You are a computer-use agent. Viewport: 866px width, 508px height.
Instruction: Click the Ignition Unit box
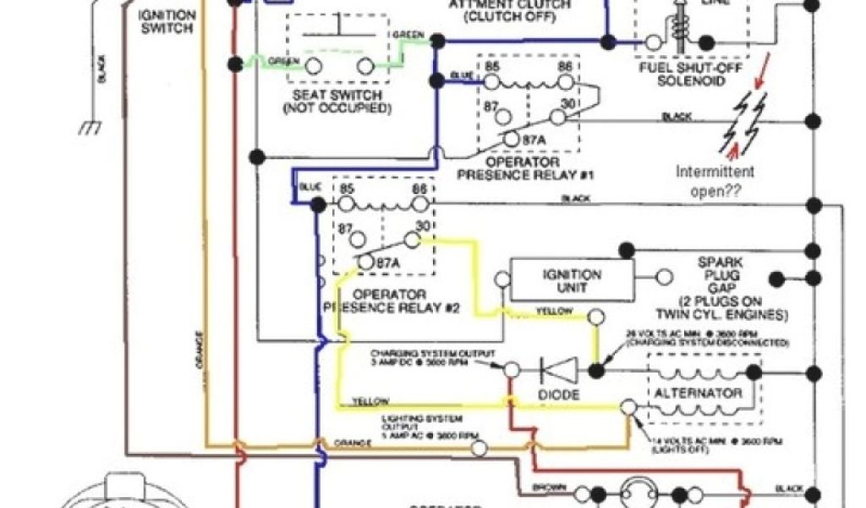pyautogui.click(x=573, y=280)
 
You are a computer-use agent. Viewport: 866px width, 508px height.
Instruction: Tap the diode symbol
pyautogui.click(x=559, y=370)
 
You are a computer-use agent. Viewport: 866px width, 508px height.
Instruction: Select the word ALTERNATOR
pyautogui.click(x=698, y=393)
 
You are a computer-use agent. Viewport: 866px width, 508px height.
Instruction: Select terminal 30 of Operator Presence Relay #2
pyautogui.click(x=414, y=241)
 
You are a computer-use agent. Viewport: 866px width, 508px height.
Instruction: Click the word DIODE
pyautogui.click(x=559, y=395)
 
